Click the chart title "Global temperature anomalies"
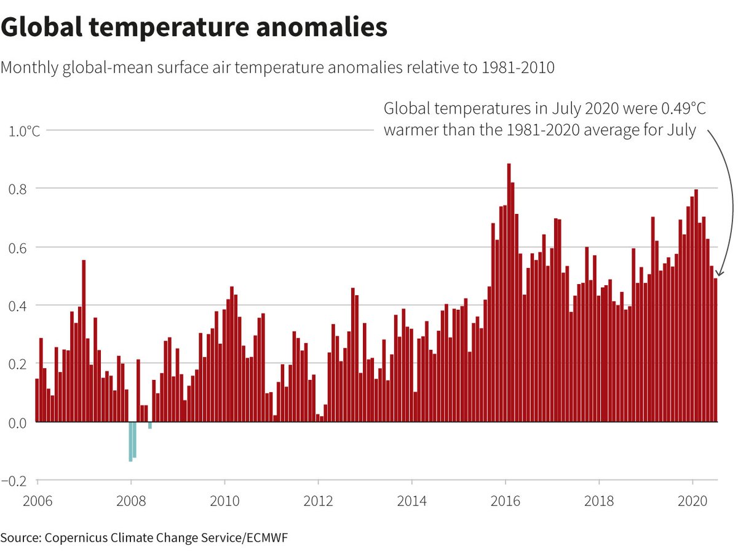[194, 28]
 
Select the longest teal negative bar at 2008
[130, 441]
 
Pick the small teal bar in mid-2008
[150, 425]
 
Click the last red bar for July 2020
[715, 350]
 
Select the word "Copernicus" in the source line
[78, 538]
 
